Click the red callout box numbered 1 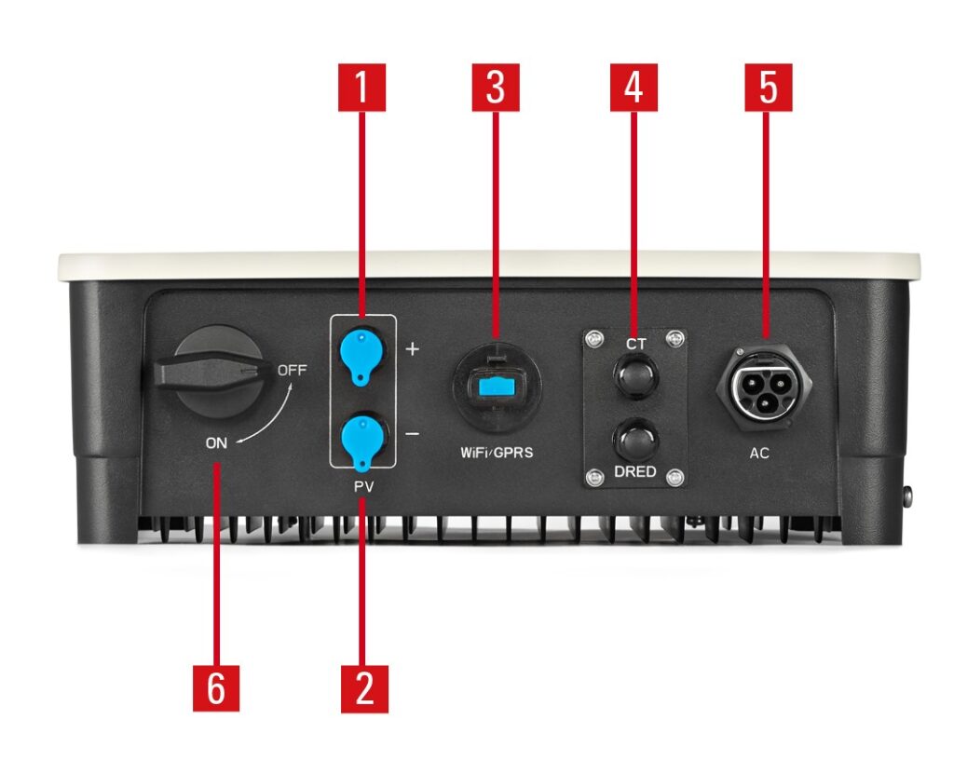point(362,88)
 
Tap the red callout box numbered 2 point(364,689)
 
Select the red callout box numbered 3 point(496,88)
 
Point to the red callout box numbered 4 point(634,88)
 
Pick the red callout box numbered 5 point(769,88)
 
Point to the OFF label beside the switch point(292,370)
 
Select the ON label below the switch point(216,443)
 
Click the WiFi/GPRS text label point(497,453)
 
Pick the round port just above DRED point(635,441)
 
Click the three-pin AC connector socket point(764,387)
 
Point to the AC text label point(759,454)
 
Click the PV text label point(364,487)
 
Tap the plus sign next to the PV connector point(413,348)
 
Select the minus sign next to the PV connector point(413,434)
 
